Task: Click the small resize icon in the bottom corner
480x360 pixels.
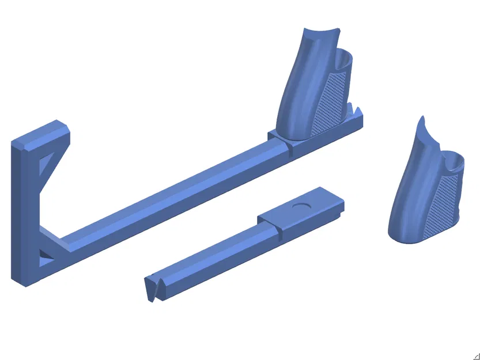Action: [x=476, y=356]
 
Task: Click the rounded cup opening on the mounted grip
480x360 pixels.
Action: [x=345, y=57]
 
